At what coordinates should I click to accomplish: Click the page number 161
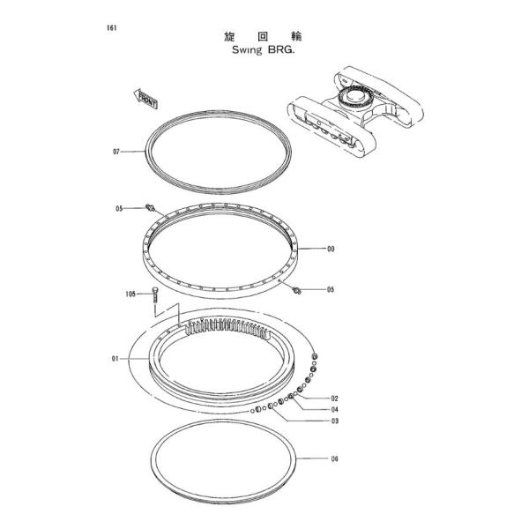coord(112,27)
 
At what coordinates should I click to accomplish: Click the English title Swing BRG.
coord(263,50)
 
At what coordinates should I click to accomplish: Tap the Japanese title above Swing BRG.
coord(263,36)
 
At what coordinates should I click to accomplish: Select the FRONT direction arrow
coord(146,99)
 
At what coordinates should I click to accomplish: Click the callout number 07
coord(116,152)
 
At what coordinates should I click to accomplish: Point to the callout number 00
coord(331,249)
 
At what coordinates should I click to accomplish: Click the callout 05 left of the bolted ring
coord(119,209)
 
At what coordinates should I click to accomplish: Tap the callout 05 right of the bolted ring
coord(331,289)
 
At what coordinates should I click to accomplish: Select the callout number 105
coord(130,294)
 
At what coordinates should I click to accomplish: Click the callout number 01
coord(115,359)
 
